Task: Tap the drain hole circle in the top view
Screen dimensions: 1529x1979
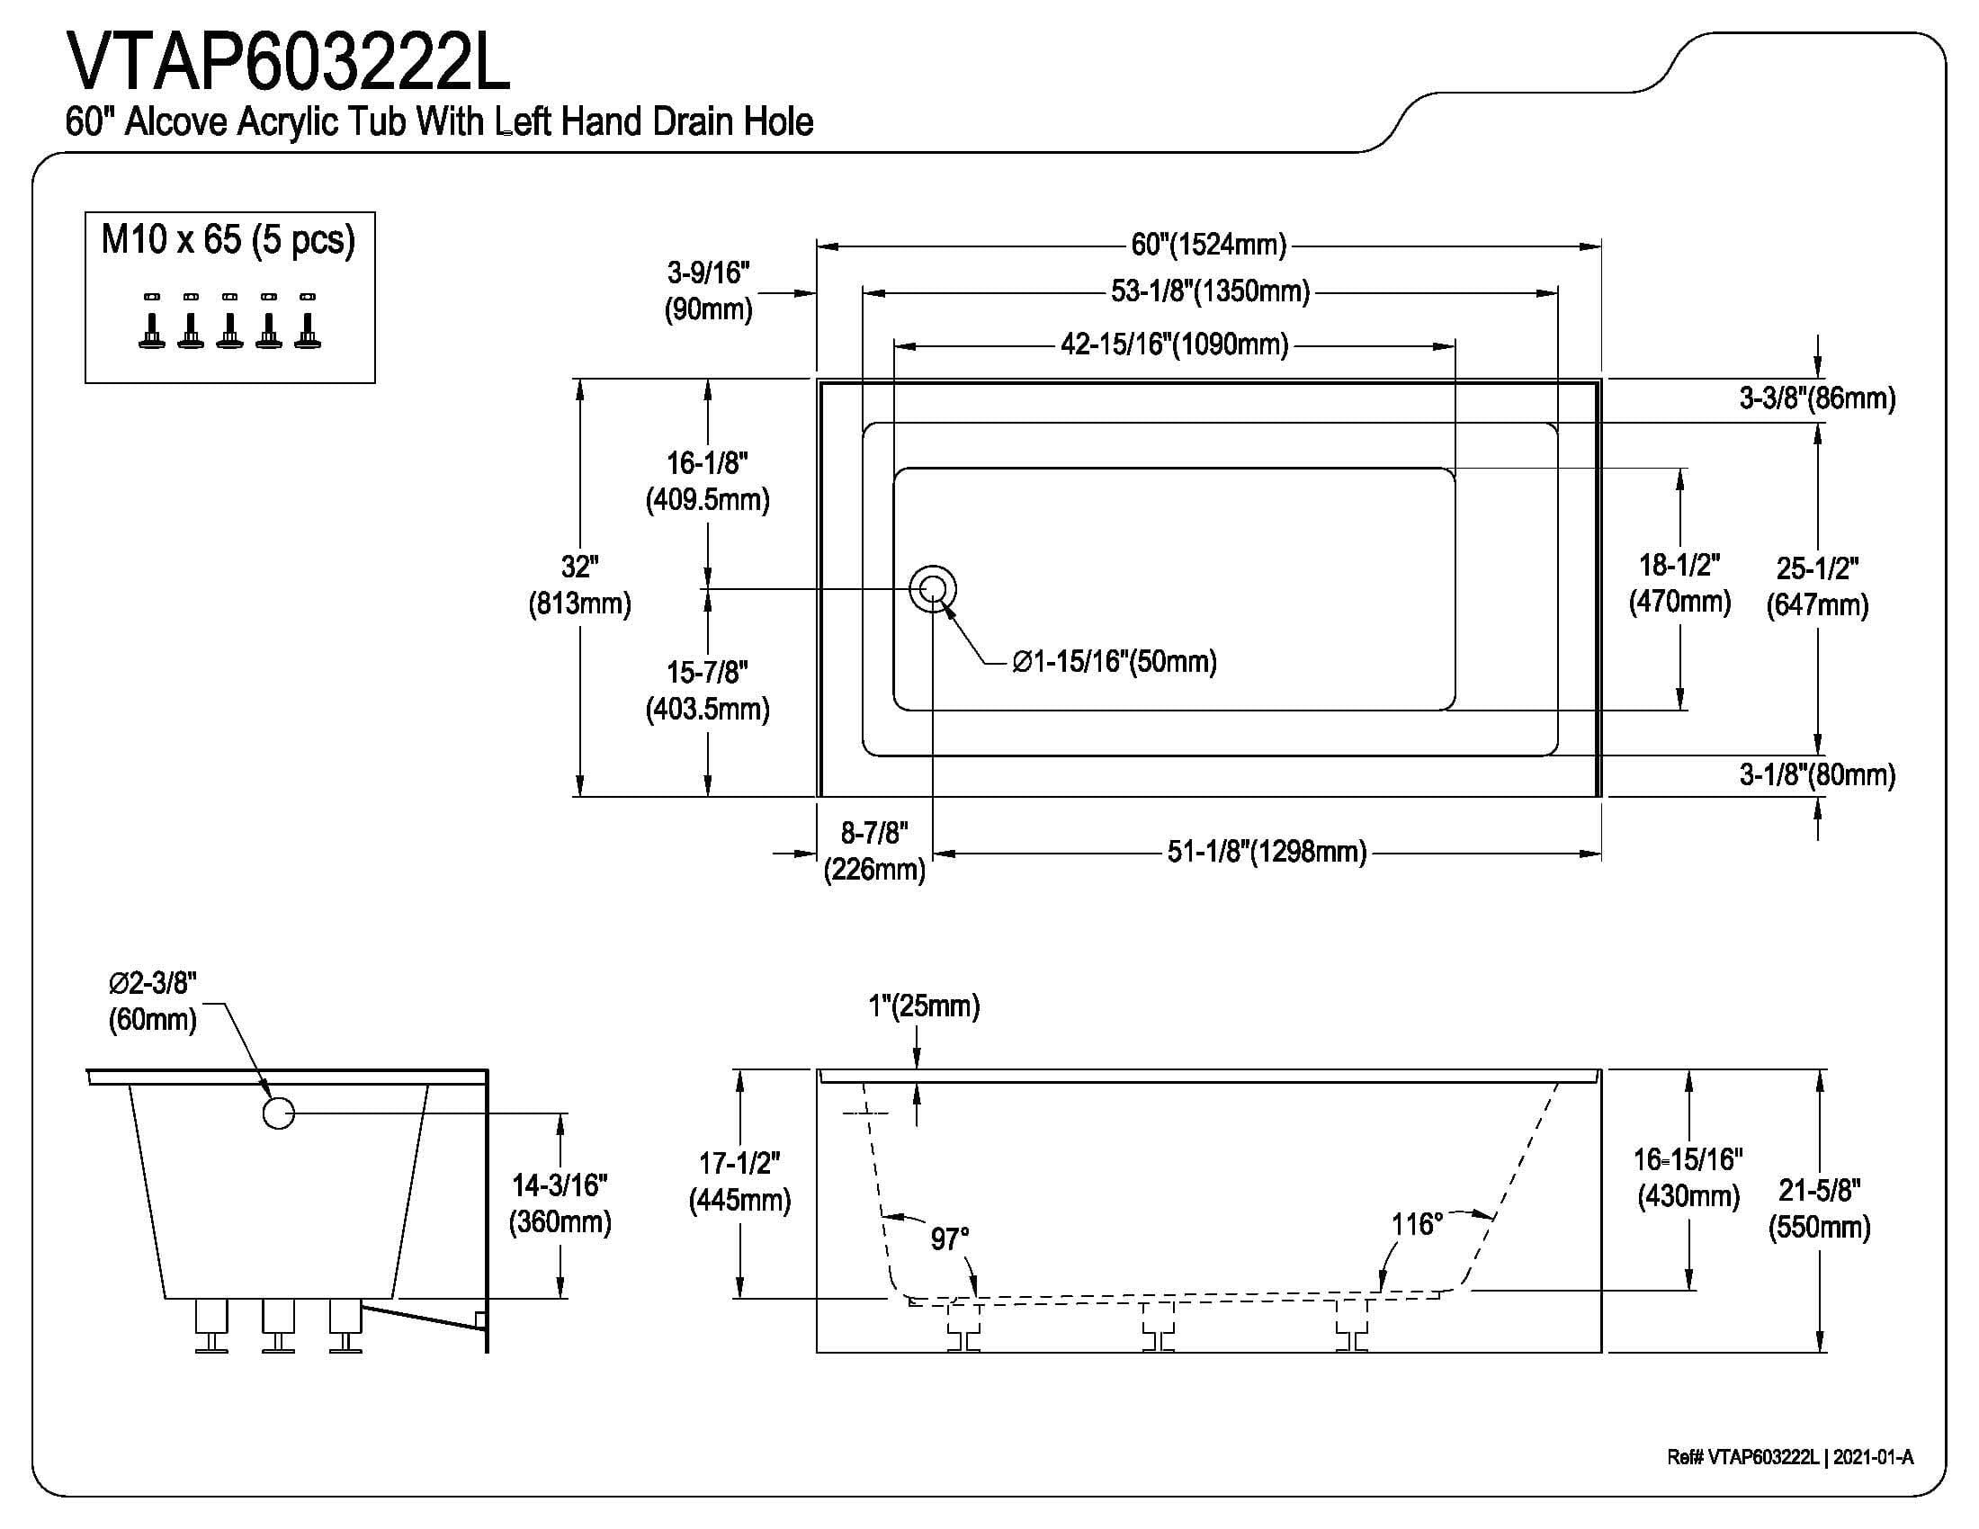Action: coord(933,590)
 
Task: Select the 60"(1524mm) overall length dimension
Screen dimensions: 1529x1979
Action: coord(1209,245)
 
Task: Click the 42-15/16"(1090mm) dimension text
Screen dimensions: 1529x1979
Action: coord(1174,345)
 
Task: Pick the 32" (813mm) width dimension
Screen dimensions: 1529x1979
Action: coord(579,586)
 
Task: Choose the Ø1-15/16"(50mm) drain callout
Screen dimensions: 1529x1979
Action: coord(1115,661)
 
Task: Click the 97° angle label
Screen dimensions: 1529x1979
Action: coord(950,1238)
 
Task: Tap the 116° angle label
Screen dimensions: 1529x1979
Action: coord(1416,1225)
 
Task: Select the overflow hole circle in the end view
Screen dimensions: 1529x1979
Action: coord(278,1113)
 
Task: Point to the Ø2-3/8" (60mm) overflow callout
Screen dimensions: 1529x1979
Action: coord(152,1001)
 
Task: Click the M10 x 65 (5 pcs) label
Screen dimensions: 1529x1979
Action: coord(228,240)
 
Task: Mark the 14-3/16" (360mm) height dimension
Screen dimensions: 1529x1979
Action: coord(560,1203)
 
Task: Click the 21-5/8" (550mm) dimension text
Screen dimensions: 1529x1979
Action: coord(1819,1208)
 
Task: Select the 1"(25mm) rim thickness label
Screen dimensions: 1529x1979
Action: coord(924,1006)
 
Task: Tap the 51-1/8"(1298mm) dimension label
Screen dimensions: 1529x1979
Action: coord(1266,852)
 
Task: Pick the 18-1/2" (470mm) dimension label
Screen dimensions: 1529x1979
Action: coord(1679,583)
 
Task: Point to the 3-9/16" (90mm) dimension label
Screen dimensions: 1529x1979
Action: coord(709,291)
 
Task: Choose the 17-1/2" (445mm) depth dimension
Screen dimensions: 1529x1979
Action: coord(739,1181)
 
